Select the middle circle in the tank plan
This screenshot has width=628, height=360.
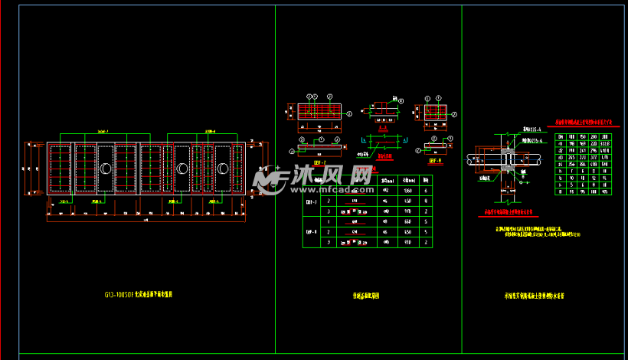point(182,169)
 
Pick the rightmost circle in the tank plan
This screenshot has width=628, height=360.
point(224,169)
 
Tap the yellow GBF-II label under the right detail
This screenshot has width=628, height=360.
point(435,162)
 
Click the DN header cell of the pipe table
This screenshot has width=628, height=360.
point(560,136)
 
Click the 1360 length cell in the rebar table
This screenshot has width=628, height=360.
point(408,190)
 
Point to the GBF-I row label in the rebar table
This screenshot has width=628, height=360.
point(312,201)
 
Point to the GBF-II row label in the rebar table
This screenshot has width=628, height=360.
point(312,231)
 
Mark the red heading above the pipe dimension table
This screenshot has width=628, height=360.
point(579,121)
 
